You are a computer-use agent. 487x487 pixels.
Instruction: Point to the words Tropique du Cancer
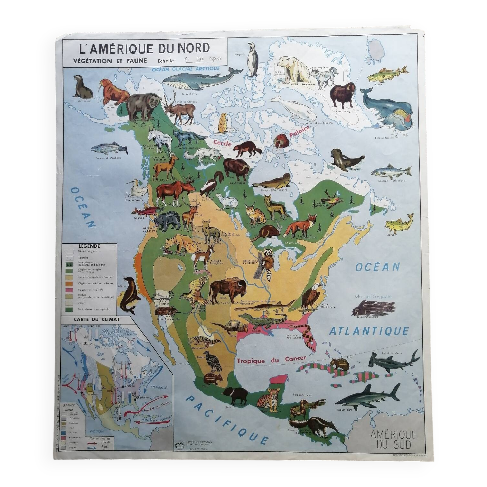pyautogui.click(x=272, y=359)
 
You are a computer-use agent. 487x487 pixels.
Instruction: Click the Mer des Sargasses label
pyautogui.click(x=373, y=296)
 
